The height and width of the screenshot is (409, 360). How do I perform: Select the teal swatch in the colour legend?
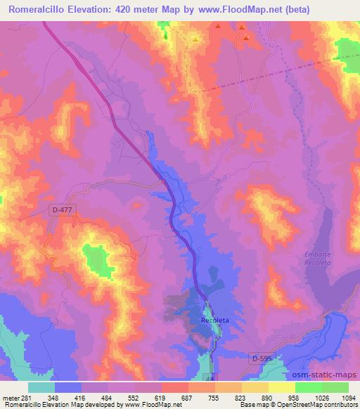(41, 387)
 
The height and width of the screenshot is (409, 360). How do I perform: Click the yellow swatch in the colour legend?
(282, 387)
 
